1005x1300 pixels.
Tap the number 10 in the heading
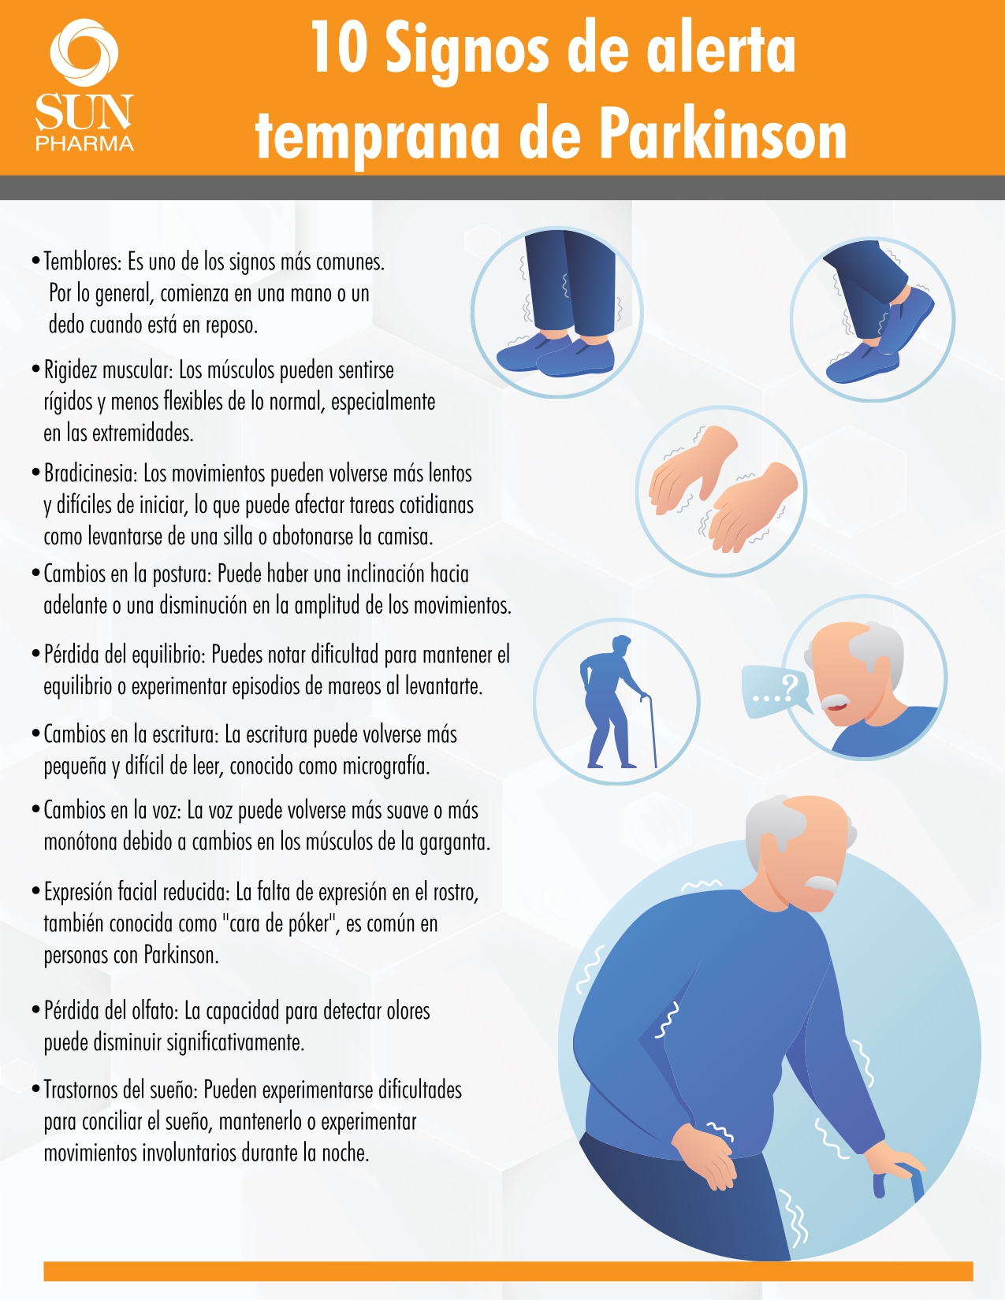point(339,48)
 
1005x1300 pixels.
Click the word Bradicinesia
point(91,474)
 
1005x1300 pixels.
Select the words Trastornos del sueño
point(120,1090)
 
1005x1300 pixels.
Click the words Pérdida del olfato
point(110,1010)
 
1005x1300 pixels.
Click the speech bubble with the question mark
point(776,690)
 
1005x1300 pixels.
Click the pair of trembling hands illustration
point(723,489)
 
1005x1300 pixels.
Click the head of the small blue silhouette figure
point(621,645)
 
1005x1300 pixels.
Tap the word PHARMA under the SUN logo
point(84,143)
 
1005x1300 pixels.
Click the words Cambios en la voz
point(110,811)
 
